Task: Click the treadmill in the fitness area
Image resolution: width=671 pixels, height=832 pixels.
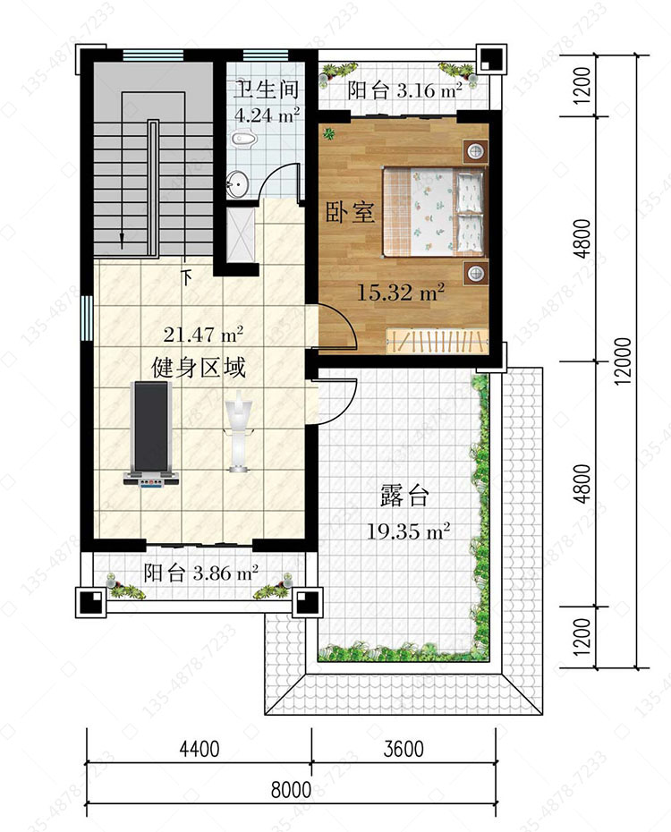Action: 150,434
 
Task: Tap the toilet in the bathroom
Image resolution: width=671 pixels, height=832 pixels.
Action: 244,140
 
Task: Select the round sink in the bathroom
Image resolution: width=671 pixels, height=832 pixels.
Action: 237,184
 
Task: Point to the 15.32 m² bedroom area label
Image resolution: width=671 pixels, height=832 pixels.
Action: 401,293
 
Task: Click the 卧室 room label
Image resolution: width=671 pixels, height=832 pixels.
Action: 350,212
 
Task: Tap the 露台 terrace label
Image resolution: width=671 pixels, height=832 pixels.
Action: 404,496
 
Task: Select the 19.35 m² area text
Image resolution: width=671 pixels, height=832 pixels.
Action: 409,531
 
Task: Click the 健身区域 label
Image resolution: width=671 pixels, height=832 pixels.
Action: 199,367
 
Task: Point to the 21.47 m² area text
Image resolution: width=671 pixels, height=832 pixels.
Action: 203,335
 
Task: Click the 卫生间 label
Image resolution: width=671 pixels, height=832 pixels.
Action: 267,89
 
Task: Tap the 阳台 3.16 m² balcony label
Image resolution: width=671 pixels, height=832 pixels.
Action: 404,90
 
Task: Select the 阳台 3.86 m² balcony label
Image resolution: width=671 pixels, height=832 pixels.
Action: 201,573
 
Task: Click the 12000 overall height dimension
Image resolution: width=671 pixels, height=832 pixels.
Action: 624,361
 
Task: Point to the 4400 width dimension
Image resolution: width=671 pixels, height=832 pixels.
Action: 200,749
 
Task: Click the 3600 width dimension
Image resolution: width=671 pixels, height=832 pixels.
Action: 403,749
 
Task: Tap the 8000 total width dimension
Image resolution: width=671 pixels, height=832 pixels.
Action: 291,790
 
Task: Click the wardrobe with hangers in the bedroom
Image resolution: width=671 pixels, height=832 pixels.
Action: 437,341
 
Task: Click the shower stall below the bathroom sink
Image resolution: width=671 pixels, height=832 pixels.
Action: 241,234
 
